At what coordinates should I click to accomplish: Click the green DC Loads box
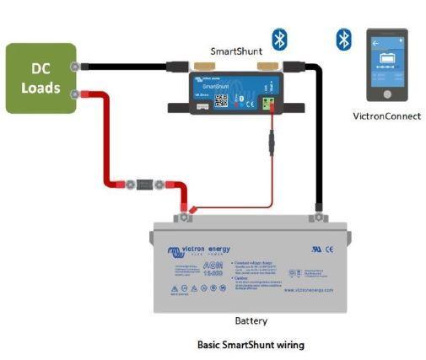(40, 78)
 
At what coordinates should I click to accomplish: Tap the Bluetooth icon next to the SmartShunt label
(278, 39)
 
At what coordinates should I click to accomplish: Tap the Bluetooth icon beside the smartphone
(343, 40)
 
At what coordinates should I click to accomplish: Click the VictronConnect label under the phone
(386, 116)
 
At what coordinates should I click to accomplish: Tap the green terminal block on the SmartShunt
(268, 105)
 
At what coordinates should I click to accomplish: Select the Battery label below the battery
(250, 321)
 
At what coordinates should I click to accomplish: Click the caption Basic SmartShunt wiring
(250, 345)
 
